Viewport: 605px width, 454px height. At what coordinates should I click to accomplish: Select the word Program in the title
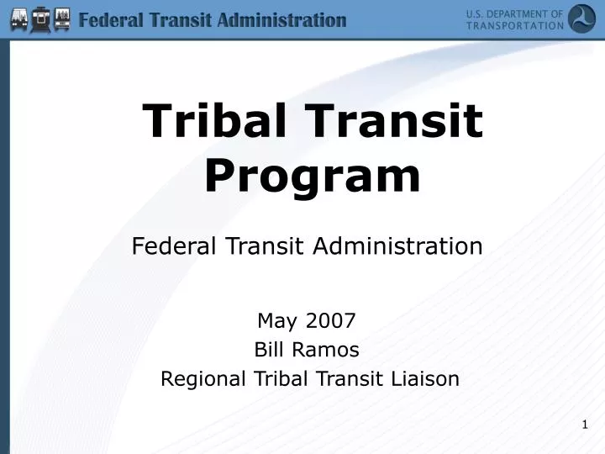(313, 175)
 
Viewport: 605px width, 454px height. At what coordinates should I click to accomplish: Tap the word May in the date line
(274, 320)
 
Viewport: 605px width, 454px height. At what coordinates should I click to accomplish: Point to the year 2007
(331, 320)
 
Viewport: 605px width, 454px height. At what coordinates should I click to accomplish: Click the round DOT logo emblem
(581, 18)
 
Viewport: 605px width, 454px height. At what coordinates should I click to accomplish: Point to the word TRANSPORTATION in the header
(514, 25)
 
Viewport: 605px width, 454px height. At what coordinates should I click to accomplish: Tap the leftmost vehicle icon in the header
(18, 19)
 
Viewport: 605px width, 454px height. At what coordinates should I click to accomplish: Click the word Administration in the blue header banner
(281, 19)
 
